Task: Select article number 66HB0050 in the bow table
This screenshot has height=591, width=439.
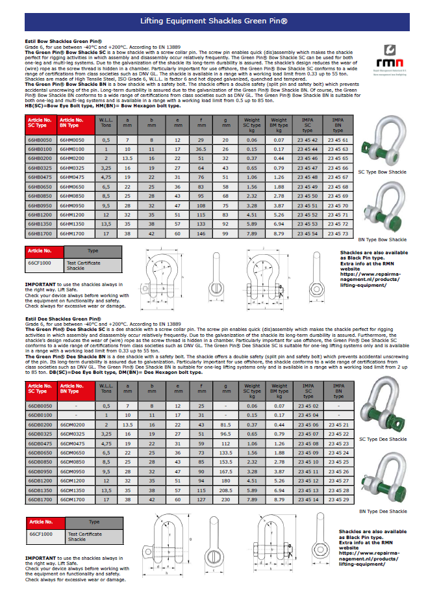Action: click(x=40, y=140)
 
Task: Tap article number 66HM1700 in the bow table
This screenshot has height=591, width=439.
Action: click(x=73, y=233)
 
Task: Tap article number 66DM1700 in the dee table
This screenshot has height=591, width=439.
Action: click(x=73, y=499)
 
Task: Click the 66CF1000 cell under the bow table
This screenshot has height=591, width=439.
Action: click(x=40, y=263)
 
